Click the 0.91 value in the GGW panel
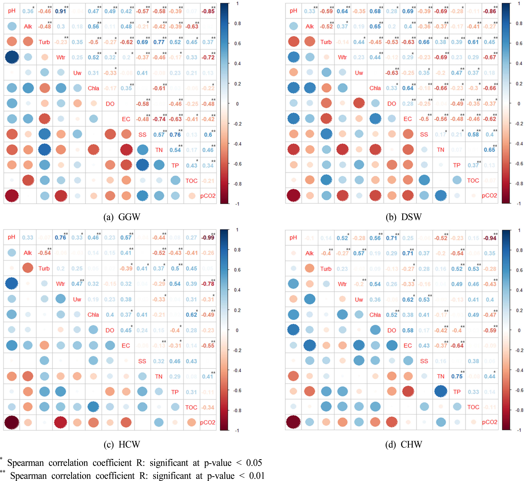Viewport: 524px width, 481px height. click(x=60, y=11)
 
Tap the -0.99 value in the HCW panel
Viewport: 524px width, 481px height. click(x=208, y=237)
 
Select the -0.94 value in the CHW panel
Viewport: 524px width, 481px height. click(x=490, y=238)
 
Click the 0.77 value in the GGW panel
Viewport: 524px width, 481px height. click(x=159, y=42)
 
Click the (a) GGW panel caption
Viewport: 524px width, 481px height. click(x=122, y=217)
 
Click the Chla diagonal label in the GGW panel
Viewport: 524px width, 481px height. click(x=93, y=88)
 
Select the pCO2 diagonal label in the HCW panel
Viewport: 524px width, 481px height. click(x=208, y=422)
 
